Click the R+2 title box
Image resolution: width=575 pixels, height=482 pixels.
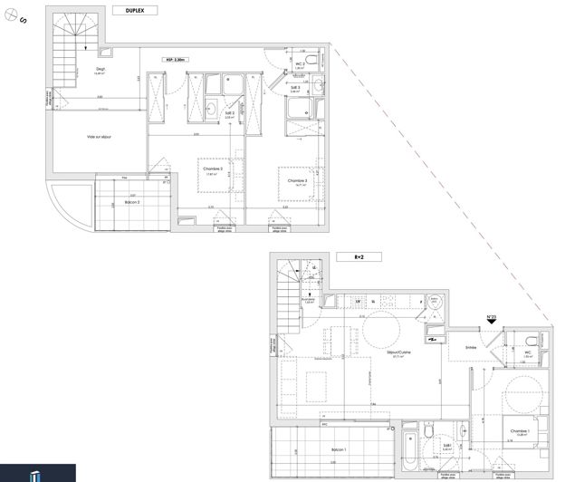point(359,257)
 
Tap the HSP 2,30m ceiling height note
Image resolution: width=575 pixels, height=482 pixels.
point(176,61)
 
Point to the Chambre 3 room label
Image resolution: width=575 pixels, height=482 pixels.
point(299,181)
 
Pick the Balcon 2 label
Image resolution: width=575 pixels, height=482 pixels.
point(131,201)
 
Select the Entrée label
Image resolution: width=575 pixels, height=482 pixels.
point(472,345)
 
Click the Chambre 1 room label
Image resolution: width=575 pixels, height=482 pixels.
point(519,431)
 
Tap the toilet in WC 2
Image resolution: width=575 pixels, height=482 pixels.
point(311,60)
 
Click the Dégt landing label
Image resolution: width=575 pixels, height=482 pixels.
point(101,69)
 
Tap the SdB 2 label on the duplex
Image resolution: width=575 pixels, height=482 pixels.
point(229,113)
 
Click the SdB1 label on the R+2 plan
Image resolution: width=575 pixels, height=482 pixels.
point(446,446)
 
